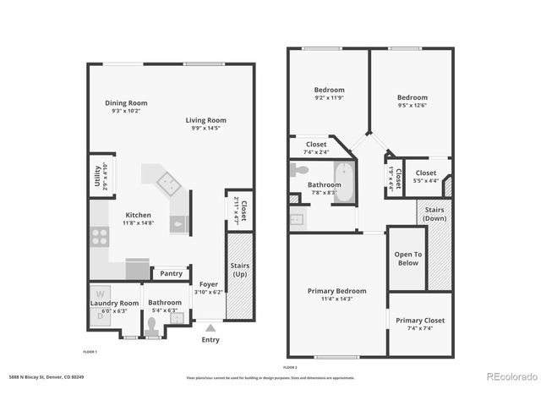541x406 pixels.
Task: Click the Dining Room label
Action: tap(126, 103)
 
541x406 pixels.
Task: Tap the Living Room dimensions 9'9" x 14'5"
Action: tap(205, 129)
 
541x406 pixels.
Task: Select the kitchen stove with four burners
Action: tap(99, 236)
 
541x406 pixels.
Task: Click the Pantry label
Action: tap(171, 273)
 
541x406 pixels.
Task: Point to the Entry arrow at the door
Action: tap(210, 326)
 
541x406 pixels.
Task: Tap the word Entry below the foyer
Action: tap(210, 340)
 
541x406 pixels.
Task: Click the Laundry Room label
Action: tap(115, 302)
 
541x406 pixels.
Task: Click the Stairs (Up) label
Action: tap(239, 271)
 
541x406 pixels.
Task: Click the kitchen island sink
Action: tap(165, 180)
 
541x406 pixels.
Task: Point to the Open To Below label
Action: tap(407, 259)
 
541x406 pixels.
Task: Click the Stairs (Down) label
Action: tap(434, 213)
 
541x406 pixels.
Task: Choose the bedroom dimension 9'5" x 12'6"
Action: tap(411, 105)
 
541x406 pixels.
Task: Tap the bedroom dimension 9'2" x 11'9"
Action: tap(330, 98)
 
